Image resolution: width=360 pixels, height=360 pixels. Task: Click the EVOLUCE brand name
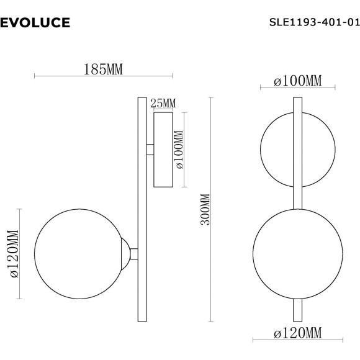[35, 23]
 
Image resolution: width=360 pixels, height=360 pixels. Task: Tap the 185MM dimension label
[103, 69]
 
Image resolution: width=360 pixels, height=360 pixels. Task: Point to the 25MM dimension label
[163, 102]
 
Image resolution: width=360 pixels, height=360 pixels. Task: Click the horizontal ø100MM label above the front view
[298, 81]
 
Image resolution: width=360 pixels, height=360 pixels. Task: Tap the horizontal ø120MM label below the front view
[297, 333]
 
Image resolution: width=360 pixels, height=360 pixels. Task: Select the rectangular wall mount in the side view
[163, 150]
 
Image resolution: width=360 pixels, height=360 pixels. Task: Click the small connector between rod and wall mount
[149, 150]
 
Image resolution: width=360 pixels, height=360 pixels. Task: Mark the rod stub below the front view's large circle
[297, 308]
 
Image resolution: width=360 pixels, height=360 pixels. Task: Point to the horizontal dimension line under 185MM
[103, 76]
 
